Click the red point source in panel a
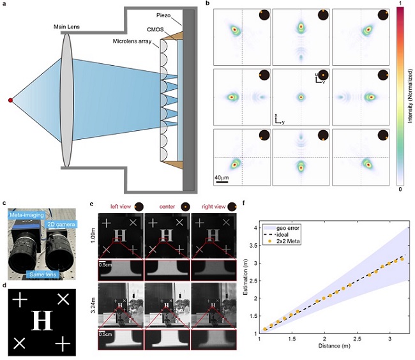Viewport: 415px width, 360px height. pyautogui.click(x=10, y=100)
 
